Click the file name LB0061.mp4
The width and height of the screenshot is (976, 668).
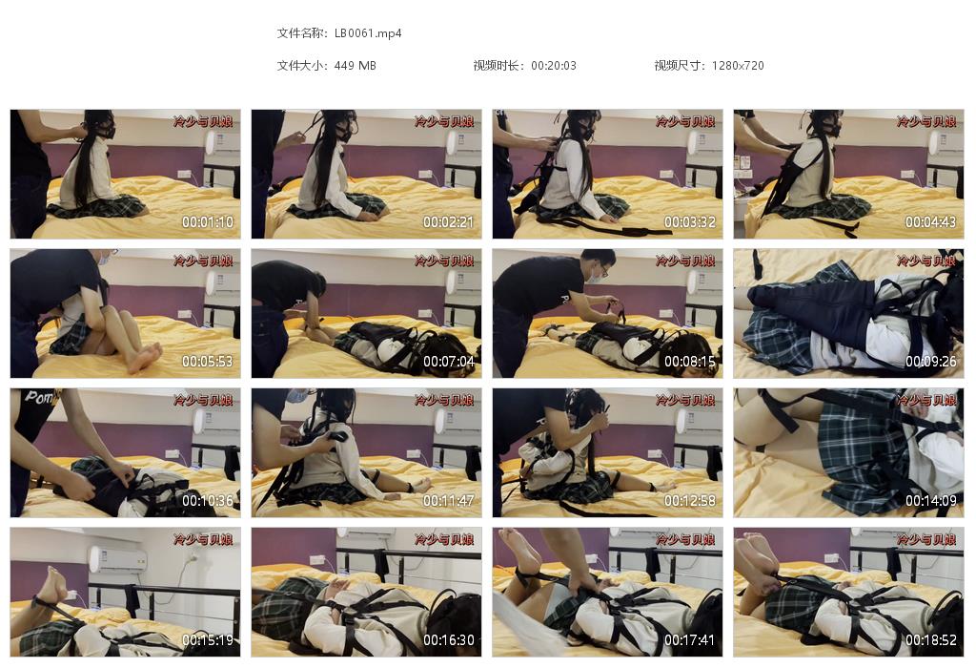[368, 33]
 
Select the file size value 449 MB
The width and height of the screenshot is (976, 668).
[356, 66]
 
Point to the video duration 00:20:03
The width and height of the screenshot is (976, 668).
[553, 66]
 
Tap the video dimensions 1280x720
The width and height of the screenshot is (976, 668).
[738, 66]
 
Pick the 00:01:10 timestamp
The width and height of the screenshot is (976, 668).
[208, 222]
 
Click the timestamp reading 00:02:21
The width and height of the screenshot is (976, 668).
[449, 222]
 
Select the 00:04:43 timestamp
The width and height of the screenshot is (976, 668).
[931, 222]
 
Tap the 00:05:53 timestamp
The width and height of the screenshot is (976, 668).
[208, 362]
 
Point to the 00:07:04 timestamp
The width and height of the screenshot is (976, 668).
[449, 362]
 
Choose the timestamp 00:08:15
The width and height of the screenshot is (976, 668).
[690, 362]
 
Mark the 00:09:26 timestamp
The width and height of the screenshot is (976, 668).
[931, 362]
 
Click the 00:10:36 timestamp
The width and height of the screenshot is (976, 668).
[208, 501]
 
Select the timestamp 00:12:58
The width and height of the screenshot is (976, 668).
[690, 501]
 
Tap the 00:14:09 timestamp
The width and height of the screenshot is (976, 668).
[931, 501]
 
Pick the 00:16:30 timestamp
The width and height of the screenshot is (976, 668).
[449, 640]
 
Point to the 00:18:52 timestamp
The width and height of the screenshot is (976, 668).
[931, 640]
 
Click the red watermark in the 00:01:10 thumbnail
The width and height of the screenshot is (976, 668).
[203, 122]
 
